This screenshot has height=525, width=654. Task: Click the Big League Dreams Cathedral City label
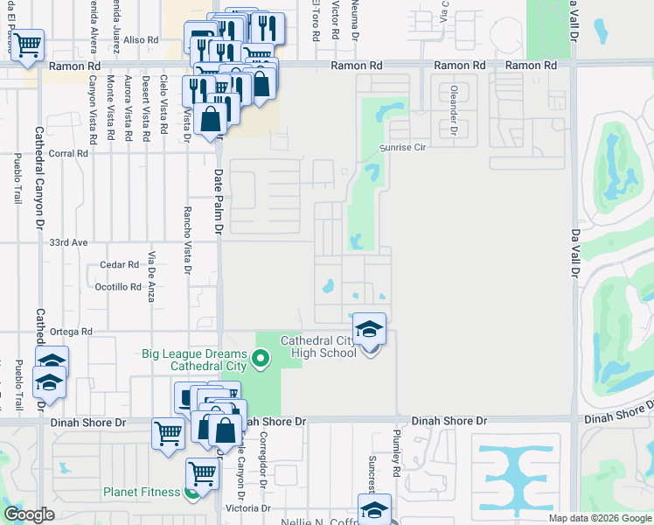coord(194,360)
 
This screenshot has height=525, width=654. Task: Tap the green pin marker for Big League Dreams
coord(260,358)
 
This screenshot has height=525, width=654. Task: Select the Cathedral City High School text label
coord(318,346)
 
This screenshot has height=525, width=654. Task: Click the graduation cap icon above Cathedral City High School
coord(370,330)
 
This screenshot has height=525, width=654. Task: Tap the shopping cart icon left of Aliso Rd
coord(27,44)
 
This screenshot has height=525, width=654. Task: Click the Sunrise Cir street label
coord(401,148)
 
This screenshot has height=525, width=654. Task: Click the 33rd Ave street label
coord(70,241)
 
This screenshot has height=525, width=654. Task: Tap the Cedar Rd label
coord(120,264)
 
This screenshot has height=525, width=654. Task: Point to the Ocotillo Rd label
coord(117,287)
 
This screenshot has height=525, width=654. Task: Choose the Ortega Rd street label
coord(70,332)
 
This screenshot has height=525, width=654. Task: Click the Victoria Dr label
coord(248,508)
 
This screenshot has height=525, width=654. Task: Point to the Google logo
coord(29,514)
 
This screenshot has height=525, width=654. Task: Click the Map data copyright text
coord(599,518)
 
